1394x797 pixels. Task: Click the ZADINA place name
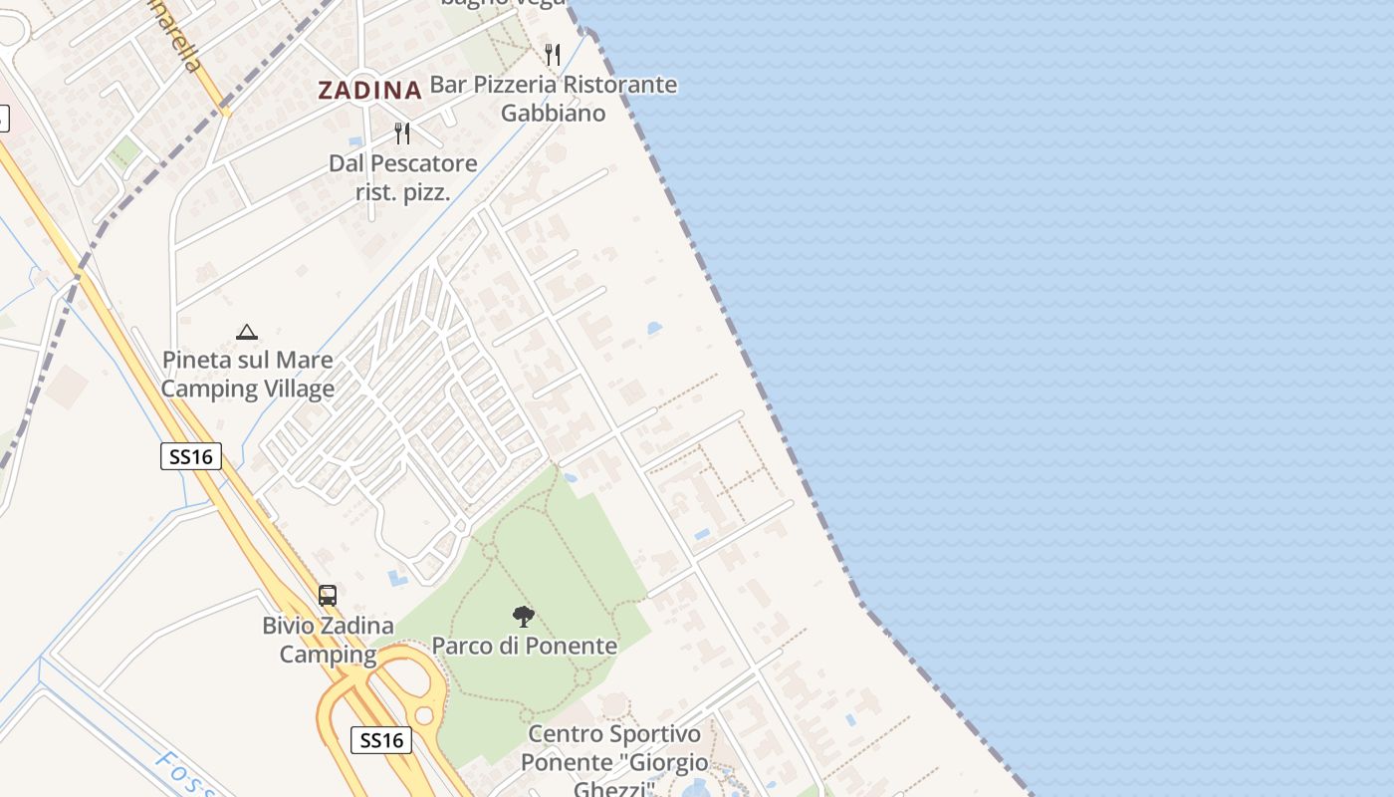369,90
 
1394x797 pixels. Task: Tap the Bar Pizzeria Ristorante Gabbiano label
553,99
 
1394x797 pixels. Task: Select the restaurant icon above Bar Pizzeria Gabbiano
553,55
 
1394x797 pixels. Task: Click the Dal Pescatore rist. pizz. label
403,177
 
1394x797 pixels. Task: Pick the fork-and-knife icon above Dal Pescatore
402,133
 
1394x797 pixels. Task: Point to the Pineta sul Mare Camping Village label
247,374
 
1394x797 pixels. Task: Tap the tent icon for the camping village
247,332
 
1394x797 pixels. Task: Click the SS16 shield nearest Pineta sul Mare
190,456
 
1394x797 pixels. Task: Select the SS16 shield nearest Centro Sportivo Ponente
381,739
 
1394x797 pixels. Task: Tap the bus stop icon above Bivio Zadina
328,595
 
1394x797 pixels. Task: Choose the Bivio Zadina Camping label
328,640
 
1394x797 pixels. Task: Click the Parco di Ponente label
524,646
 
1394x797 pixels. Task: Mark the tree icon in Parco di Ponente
524,617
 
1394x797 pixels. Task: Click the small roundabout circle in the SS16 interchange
425,715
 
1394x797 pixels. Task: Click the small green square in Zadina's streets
124,151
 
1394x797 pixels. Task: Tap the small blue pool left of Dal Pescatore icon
355,140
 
